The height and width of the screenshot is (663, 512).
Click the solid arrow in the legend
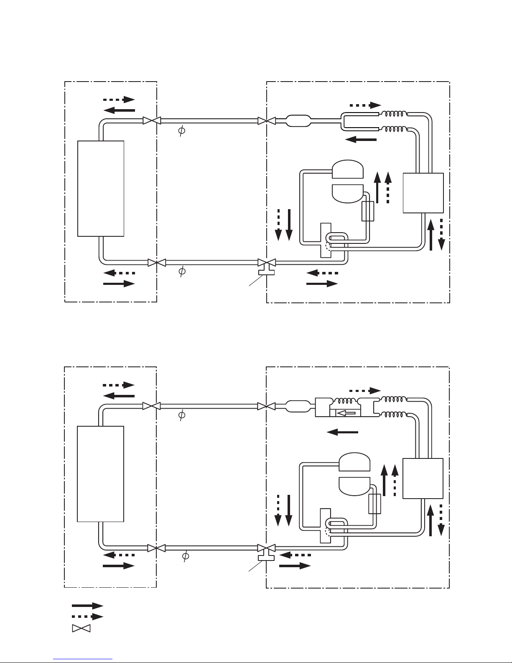coord(87,605)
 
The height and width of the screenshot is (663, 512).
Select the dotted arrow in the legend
coord(87,616)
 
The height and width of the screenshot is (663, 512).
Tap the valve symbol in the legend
coord(81,628)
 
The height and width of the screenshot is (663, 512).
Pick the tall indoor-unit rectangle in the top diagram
coord(101,189)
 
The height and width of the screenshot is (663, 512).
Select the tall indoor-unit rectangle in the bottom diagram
coord(100,474)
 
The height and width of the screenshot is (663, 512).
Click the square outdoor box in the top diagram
coord(423,193)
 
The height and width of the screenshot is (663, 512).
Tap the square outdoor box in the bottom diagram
coord(423,478)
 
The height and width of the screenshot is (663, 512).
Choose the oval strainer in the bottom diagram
coord(298,407)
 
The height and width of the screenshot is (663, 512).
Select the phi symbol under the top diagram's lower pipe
coord(182,271)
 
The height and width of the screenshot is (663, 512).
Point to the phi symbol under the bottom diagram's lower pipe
coord(186,556)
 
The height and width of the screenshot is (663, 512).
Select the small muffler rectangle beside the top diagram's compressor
coord(367,211)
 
